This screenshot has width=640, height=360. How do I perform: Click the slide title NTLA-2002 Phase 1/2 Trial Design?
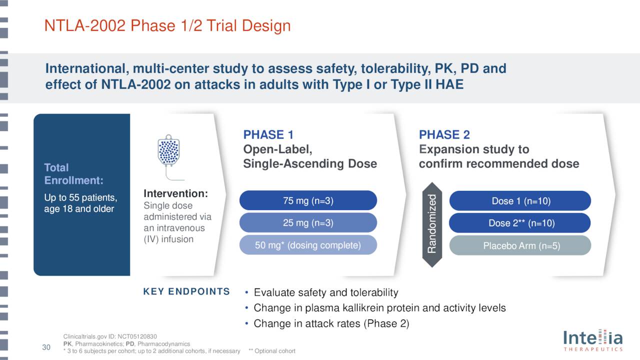(x=167, y=26)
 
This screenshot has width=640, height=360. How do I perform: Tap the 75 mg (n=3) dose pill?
(x=308, y=200)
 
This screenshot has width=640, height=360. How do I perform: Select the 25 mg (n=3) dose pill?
(x=308, y=222)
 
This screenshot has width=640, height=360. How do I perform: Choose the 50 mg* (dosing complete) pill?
(x=308, y=245)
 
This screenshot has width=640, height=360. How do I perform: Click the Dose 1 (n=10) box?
(x=520, y=201)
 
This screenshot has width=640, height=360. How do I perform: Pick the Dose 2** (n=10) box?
(x=520, y=223)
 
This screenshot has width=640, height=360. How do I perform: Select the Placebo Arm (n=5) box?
(x=520, y=245)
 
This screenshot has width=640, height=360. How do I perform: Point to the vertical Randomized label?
(x=432, y=223)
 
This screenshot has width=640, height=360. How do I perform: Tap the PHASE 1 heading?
(x=268, y=134)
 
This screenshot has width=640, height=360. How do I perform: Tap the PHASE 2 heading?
(x=444, y=134)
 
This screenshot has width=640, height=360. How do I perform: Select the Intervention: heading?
(x=175, y=193)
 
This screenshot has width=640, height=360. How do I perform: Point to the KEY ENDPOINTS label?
(x=186, y=291)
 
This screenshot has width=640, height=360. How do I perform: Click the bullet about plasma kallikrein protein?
(x=379, y=308)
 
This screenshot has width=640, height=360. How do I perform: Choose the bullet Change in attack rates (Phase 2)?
(x=331, y=323)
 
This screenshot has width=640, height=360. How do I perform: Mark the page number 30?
(x=46, y=347)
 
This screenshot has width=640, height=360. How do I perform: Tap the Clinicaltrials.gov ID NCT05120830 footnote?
(x=110, y=336)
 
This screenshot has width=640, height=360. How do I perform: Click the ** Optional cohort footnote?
(x=271, y=351)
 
